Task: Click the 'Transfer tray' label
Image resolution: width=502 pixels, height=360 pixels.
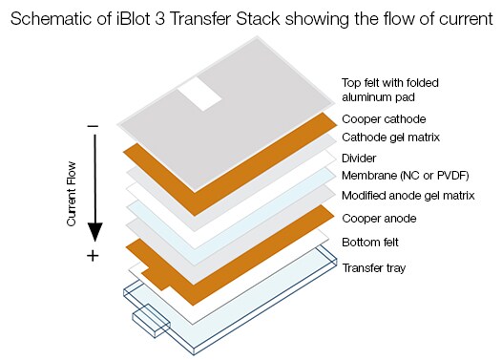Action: click(373, 267)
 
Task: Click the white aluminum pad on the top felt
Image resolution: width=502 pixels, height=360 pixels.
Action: click(201, 92)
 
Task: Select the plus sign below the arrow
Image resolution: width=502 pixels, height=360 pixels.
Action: click(93, 256)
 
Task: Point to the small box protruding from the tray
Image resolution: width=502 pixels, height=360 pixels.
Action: click(151, 320)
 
